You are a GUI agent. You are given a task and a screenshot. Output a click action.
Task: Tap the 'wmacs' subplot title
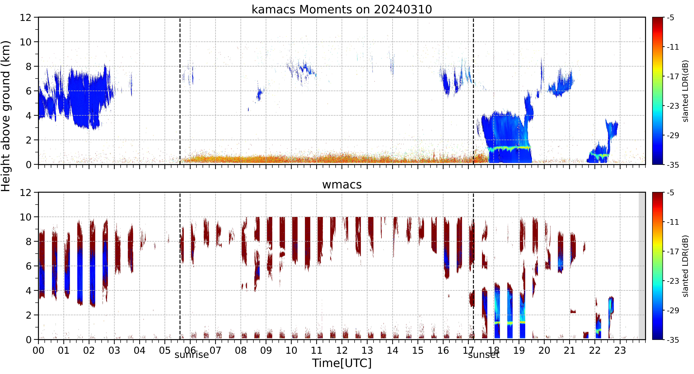click(342, 185)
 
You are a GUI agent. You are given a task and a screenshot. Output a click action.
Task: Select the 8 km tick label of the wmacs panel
click(29, 242)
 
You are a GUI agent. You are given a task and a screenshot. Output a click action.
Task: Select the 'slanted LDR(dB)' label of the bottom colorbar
click(686, 266)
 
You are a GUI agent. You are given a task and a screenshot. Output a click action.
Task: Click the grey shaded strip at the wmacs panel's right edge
click(642, 266)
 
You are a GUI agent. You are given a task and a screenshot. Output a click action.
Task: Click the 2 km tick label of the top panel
click(29, 140)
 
